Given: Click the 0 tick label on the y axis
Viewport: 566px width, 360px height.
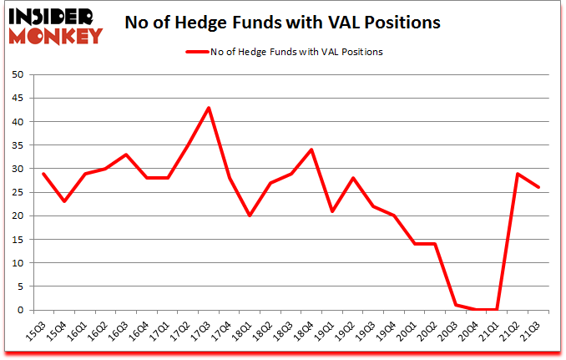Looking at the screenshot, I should point(20,310).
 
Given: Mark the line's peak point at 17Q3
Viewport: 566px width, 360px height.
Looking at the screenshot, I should point(209,108).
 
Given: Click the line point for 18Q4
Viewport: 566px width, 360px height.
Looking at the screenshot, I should point(312,150).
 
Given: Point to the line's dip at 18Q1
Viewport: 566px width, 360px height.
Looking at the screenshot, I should point(250,215).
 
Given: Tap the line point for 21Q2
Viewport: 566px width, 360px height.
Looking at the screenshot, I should point(519,174).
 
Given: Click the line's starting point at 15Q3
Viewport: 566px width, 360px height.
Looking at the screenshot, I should point(43,174).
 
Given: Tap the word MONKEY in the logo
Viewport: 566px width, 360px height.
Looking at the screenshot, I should point(57,35).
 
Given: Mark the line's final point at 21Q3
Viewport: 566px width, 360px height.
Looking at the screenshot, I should point(540,188).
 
